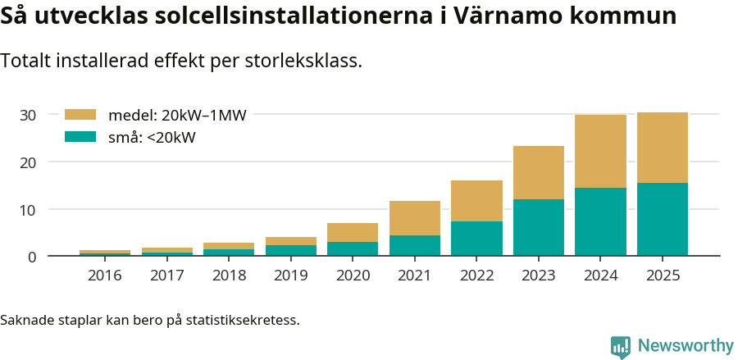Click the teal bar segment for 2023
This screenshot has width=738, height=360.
click(x=539, y=227)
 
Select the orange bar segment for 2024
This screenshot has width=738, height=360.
click(x=600, y=151)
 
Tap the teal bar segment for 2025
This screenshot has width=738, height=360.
click(x=663, y=219)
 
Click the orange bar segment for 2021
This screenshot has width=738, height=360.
click(x=415, y=218)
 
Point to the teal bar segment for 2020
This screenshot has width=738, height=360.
click(x=353, y=248)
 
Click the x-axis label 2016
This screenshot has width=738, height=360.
click(x=105, y=275)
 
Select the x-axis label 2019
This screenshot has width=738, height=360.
click(x=291, y=275)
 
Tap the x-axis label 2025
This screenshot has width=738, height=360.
click(x=663, y=275)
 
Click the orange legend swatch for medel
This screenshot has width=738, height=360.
click(x=80, y=115)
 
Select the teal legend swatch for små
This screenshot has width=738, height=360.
click(x=80, y=137)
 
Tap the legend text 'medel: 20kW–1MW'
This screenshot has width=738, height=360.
click(x=177, y=116)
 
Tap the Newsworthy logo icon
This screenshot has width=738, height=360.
click(x=621, y=347)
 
